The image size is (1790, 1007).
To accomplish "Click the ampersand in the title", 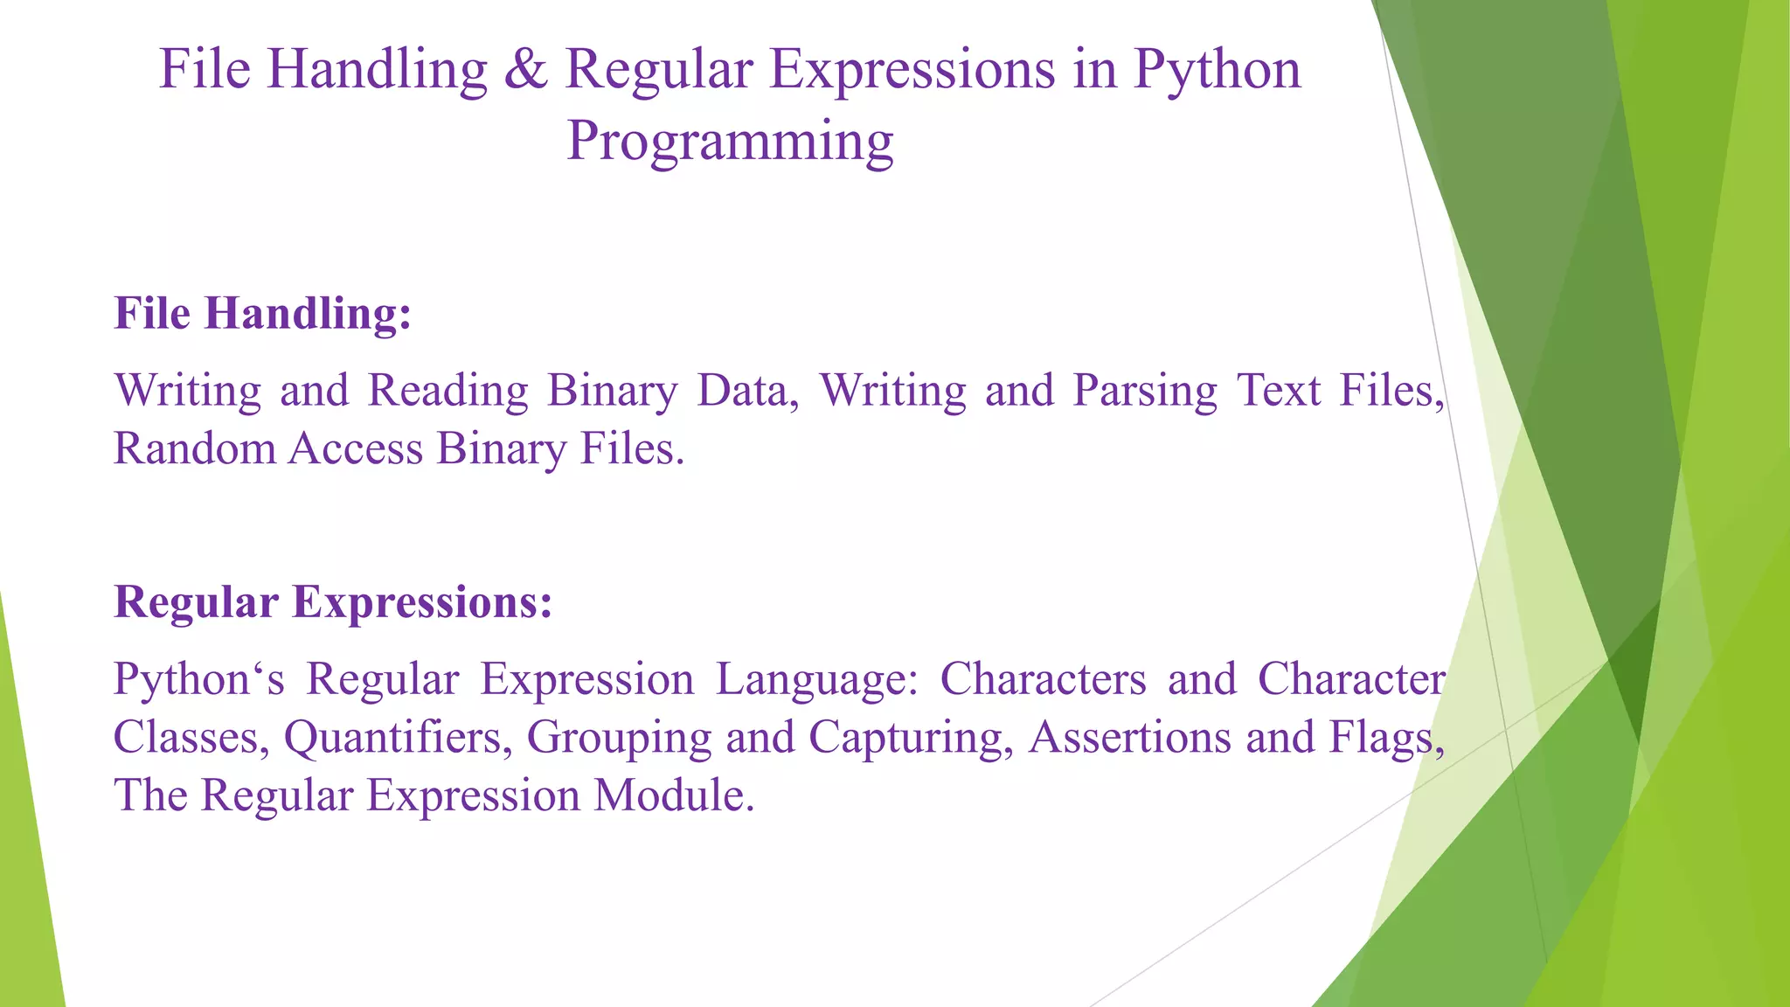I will pos(525,70).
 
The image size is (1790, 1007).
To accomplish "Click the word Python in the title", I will pos(1217,70).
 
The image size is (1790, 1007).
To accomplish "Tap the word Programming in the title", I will pos(730,142).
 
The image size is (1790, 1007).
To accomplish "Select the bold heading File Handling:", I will pos(262,314).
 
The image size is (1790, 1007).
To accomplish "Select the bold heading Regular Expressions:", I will pos(333,602).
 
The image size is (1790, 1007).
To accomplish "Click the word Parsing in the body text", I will pos(1145,391).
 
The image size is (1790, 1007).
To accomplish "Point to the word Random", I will pos(195,449).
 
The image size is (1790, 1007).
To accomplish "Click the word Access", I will pos(356,449).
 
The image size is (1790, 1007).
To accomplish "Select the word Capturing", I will pos(910,738).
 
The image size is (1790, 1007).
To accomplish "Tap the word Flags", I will pos(1385,738).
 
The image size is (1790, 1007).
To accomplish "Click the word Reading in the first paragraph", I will pos(448,391).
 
